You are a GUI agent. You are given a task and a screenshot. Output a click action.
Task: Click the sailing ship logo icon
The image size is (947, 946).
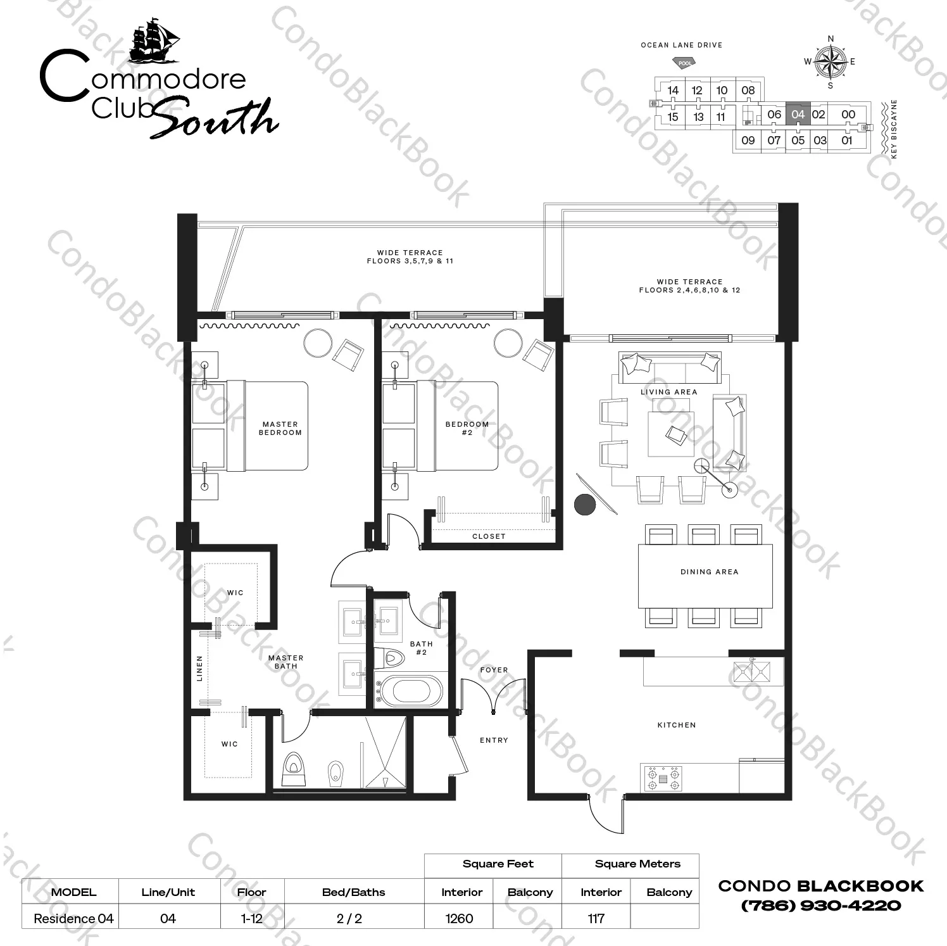coord(155,41)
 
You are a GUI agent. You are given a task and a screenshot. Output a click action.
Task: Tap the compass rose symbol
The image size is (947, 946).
coord(831,62)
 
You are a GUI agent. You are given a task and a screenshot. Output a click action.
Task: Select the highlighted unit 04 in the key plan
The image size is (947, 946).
coord(798,115)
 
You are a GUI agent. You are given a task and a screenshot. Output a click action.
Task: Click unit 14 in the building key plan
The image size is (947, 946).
coord(673,91)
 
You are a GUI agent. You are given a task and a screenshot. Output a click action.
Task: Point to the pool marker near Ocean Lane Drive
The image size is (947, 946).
coord(684,63)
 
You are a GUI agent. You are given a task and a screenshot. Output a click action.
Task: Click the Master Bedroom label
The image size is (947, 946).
coord(280,429)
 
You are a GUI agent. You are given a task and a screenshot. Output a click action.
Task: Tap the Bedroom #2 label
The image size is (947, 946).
coord(467,429)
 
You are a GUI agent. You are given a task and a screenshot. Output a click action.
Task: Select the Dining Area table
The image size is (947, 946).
coord(705,576)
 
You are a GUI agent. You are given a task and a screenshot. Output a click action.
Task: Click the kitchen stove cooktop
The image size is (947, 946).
coord(663,778)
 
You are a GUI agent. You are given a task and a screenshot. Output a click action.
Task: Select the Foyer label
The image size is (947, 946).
coord(494,670)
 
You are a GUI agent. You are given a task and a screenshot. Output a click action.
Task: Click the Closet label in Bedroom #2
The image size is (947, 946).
coord(489,536)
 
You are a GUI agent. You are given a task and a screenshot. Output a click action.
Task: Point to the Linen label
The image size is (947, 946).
coord(200,668)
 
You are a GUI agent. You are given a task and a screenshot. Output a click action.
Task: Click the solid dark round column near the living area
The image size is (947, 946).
coord(585,504)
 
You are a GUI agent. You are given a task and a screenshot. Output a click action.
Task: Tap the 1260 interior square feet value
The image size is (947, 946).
coord(459,918)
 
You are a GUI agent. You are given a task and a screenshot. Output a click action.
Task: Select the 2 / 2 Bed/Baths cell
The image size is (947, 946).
coord(349,918)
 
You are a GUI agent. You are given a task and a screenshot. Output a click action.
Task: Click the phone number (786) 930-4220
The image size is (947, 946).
coord(820,905)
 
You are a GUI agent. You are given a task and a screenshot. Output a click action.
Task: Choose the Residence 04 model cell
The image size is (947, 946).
coord(73,918)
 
